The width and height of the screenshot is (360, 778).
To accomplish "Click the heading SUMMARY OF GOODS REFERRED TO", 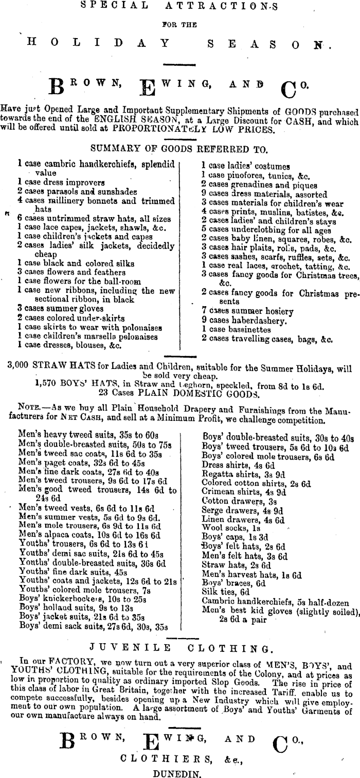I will point(179,149).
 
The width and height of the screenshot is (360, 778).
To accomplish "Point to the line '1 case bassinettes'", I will point(234,328).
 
